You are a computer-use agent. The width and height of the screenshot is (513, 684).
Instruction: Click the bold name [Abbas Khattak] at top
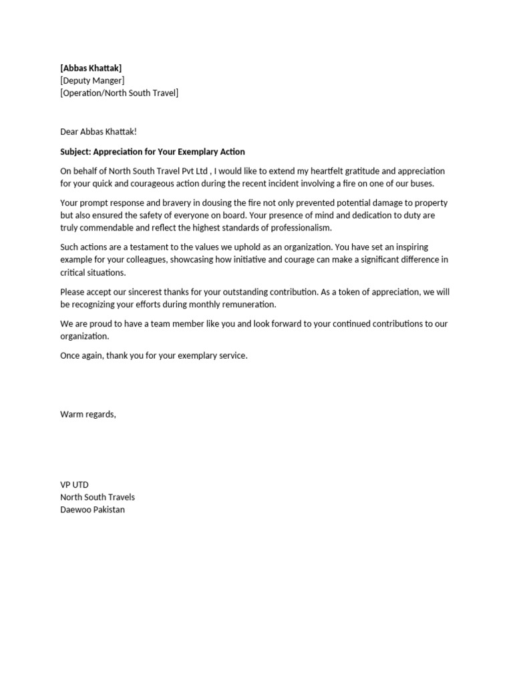click(91, 68)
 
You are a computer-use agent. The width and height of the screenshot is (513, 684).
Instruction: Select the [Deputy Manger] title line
click(92, 81)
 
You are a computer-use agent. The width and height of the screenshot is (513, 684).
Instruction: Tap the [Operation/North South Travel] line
click(119, 93)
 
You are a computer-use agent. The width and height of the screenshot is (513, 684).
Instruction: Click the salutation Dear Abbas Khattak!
click(98, 132)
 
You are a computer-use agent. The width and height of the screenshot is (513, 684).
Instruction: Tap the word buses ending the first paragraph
click(418, 184)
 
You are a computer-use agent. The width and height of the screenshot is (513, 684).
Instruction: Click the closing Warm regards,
click(88, 414)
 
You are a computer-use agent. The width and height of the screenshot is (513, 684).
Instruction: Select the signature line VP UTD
click(74, 485)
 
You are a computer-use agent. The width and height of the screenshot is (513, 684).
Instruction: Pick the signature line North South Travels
click(98, 497)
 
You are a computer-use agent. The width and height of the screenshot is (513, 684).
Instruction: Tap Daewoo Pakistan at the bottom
click(92, 510)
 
